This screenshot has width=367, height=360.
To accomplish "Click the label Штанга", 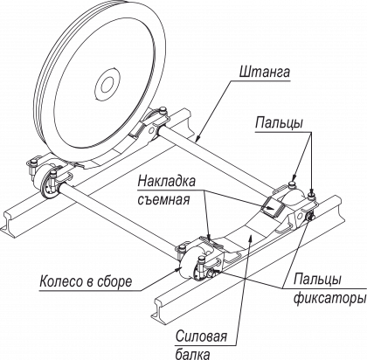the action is [x=265, y=72].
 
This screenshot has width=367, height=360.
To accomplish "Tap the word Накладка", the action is [x=167, y=182].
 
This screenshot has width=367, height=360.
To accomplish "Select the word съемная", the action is [x=163, y=200].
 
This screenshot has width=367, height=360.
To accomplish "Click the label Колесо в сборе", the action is [x=86, y=281].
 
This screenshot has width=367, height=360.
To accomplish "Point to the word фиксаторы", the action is [x=329, y=298].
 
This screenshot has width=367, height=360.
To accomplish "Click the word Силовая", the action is [x=201, y=336].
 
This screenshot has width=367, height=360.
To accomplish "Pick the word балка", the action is [x=192, y=354].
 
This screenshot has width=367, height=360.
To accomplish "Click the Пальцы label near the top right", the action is [x=279, y=123].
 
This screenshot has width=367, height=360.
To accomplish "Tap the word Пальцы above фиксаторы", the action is [x=317, y=279].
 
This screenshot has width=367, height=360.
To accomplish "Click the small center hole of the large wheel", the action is [x=107, y=84].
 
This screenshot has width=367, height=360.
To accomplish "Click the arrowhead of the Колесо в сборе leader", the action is [x=178, y=267].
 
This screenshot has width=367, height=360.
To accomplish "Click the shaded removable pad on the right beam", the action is [x=273, y=207].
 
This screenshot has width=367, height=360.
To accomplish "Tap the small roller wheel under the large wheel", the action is [x=50, y=186].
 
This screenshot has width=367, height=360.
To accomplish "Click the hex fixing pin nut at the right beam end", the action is [x=308, y=217].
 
